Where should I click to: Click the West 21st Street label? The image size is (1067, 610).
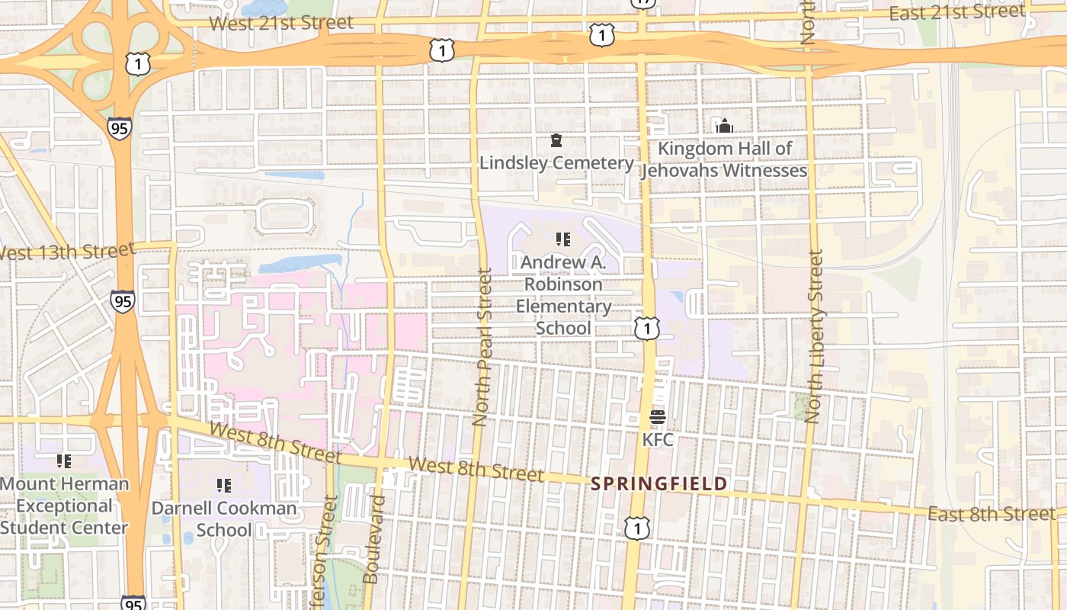[281, 23]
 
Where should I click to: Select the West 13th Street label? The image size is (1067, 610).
[67, 251]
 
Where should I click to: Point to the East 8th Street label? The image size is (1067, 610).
[992, 515]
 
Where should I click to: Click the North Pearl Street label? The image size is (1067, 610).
[482, 347]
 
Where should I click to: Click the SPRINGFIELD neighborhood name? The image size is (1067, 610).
[659, 484]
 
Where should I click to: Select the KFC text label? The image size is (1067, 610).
[658, 440]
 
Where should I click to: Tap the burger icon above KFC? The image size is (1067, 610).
[658, 417]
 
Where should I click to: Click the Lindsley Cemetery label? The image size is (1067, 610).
[556, 163]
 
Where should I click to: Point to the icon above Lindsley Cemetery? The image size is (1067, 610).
[556, 141]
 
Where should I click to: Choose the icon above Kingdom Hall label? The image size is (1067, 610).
[723, 126]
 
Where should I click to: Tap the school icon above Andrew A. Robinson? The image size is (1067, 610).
[563, 240]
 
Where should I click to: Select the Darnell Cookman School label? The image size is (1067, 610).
[224, 518]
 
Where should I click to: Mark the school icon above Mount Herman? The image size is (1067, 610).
[64, 461]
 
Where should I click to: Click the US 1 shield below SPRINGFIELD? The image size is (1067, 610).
[636, 528]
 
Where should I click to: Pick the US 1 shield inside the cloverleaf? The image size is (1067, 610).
[137, 64]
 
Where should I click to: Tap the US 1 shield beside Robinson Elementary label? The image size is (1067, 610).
[646, 329]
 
